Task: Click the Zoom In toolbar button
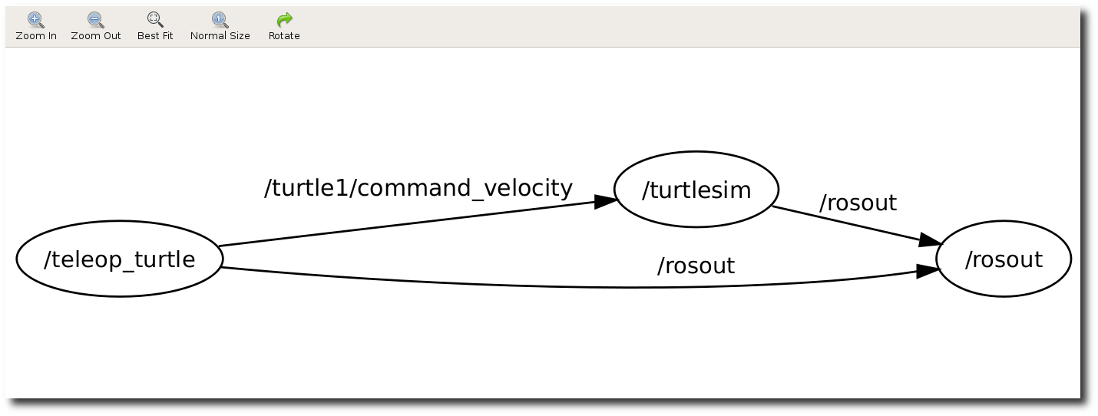(35, 26)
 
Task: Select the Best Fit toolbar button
(155, 26)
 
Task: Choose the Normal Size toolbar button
(220, 26)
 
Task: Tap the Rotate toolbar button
(284, 26)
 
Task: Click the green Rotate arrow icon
(284, 19)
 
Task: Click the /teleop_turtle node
(119, 259)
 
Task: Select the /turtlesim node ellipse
(696, 190)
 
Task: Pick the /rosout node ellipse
(1003, 259)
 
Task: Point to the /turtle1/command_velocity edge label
(418, 187)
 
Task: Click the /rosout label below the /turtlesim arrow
(858, 203)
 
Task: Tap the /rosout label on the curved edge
(696, 266)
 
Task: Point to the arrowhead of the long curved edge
(928, 271)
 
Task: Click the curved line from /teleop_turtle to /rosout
(537, 286)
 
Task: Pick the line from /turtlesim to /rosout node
(845, 223)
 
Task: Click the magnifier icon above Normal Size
(220, 19)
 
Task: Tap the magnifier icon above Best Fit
(155, 19)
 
